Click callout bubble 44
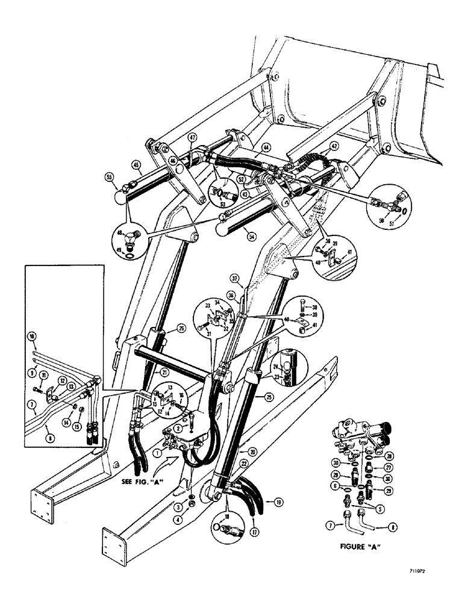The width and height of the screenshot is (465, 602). [267, 146]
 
